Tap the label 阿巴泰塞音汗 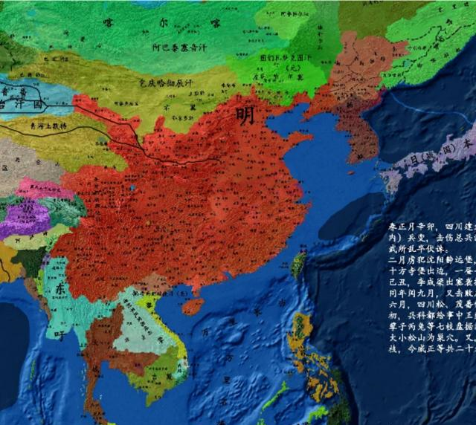click(178, 47)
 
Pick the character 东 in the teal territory click(59, 291)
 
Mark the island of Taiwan click(299, 265)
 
